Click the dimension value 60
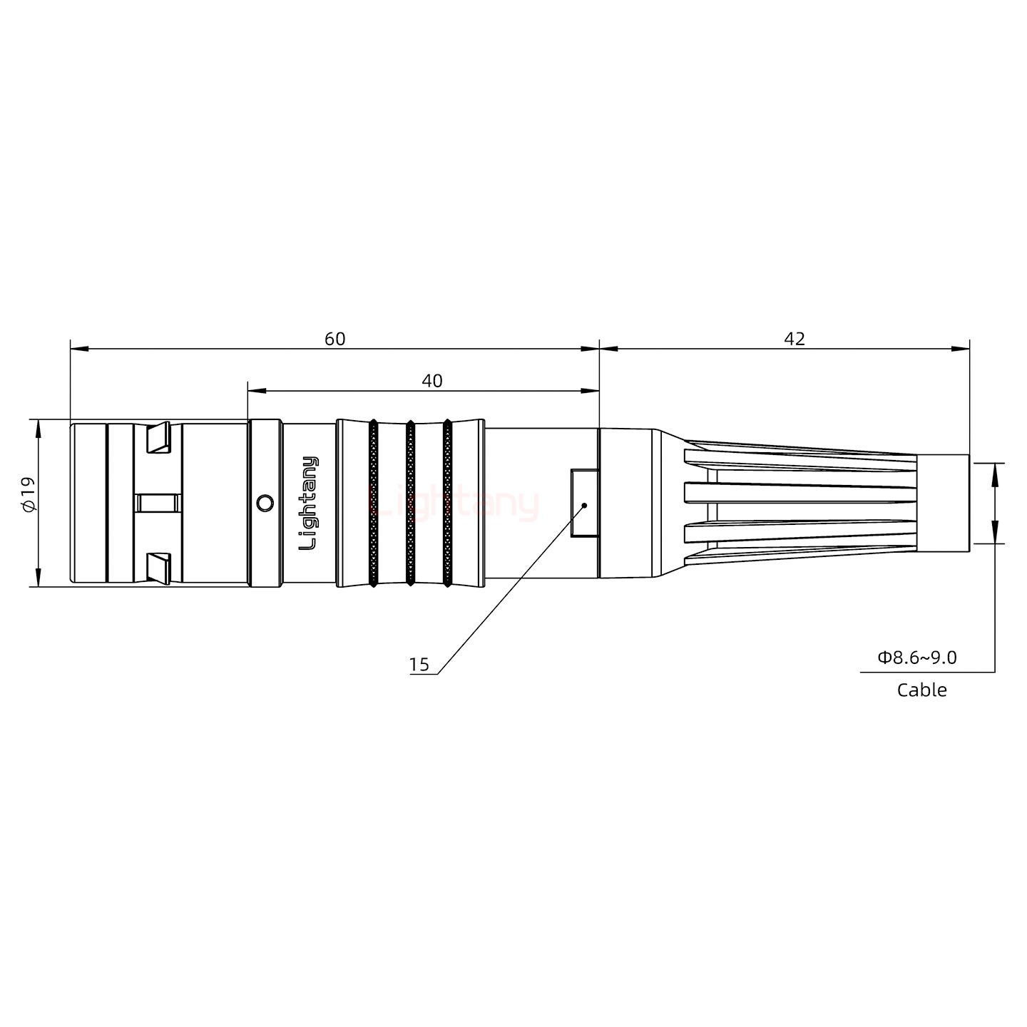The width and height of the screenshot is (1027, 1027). pos(334,339)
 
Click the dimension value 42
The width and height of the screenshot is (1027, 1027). pos(794,339)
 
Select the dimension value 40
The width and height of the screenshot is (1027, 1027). pos(431,381)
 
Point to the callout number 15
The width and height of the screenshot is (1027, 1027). pos(419,665)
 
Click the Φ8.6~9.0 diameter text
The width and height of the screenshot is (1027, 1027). pos(917,657)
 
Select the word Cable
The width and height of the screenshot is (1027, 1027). pos(921,690)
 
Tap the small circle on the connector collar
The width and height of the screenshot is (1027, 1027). pos(265,504)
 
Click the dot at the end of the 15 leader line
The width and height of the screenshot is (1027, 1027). pos(584,505)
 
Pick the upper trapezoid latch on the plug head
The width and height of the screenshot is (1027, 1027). pos(158,438)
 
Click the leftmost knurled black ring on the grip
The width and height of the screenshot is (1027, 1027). pos(373,504)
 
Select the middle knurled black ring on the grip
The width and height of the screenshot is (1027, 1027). pos(410,504)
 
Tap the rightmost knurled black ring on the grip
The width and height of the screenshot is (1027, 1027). pos(447,504)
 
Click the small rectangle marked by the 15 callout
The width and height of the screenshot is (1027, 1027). pos(584,503)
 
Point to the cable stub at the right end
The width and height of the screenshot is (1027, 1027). pos(942,503)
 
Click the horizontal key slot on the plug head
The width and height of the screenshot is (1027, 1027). pos(158,504)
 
